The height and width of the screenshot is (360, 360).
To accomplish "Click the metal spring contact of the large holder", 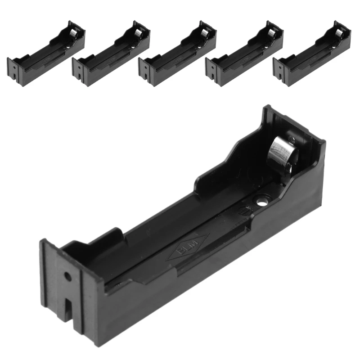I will [282, 156].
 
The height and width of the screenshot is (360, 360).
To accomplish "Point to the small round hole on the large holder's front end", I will [67, 275].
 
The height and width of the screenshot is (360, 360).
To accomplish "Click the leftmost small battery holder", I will [46, 54].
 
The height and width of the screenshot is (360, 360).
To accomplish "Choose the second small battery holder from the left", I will [111, 54].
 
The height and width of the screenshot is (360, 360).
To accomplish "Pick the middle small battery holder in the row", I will [177, 54].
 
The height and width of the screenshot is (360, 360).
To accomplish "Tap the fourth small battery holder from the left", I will [244, 54].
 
